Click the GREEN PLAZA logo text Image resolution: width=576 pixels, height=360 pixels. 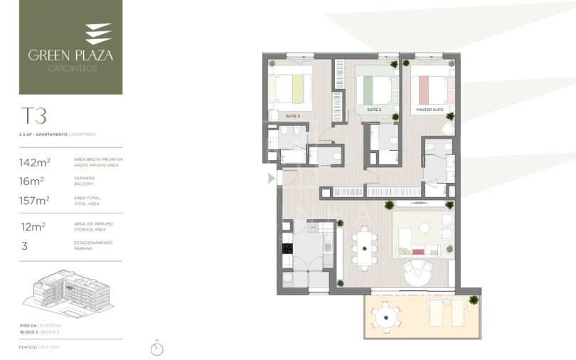[x=70, y=54]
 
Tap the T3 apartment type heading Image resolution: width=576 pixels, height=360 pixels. [x=33, y=116]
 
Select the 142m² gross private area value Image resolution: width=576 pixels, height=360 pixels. [x=34, y=163]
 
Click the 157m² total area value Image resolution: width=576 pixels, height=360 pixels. [x=34, y=201]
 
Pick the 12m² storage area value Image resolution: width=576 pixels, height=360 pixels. [x=33, y=226]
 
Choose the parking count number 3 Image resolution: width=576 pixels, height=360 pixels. [x=25, y=245]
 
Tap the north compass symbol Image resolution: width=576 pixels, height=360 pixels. [x=157, y=349]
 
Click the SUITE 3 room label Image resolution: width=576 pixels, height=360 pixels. [x=293, y=115]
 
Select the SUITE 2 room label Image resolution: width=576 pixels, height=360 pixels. [x=375, y=110]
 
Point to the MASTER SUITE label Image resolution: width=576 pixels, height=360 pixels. [x=429, y=110]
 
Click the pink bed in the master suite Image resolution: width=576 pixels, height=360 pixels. [x=431, y=90]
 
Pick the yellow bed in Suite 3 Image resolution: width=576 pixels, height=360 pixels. [x=292, y=89]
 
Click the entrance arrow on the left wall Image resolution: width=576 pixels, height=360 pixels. [x=270, y=179]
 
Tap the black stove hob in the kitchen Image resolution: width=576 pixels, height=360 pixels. [x=288, y=249]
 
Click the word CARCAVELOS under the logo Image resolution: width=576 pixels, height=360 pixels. [x=70, y=68]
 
